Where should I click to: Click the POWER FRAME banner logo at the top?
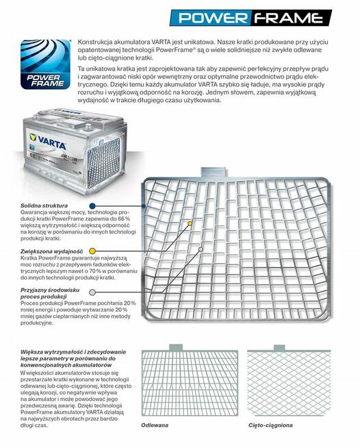[250, 18]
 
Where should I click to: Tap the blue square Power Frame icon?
[45, 64]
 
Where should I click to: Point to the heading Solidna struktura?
[44, 206]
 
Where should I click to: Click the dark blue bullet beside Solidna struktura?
[92, 206]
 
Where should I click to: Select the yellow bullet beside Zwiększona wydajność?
[92, 251]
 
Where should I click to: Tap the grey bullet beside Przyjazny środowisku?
[92, 293]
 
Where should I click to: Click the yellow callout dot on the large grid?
[190, 223]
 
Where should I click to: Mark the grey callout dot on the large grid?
[201, 249]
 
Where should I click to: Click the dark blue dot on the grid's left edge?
[144, 206]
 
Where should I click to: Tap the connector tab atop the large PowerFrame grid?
[214, 173]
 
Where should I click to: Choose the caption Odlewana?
[155, 425]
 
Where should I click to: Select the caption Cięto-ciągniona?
[270, 425]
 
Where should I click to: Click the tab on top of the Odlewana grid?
[176, 347]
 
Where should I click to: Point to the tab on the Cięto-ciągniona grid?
[279, 348]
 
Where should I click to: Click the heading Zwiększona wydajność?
[52, 251]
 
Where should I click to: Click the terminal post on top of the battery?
[88, 126]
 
